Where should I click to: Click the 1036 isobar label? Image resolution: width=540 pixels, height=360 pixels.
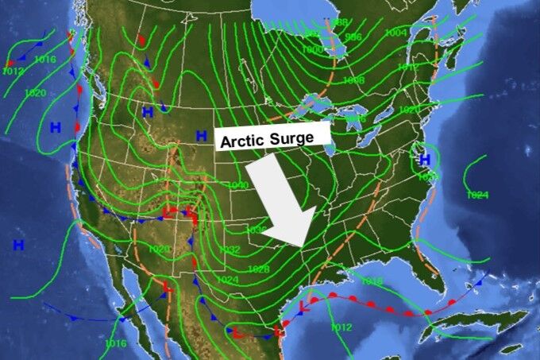256,230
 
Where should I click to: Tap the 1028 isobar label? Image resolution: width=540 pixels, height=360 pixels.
258,269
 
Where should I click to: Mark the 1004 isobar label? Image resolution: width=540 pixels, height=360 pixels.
395,33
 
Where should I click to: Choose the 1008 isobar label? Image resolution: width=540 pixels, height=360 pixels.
354,81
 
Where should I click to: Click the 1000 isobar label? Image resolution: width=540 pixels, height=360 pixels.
312,49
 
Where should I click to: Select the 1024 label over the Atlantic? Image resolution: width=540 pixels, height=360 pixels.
477,195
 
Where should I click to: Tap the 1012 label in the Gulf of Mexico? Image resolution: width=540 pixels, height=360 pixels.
341,327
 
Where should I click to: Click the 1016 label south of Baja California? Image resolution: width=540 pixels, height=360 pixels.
115,343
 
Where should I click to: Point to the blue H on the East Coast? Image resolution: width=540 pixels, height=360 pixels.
425,159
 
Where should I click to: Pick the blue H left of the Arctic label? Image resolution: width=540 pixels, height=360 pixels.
202,136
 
